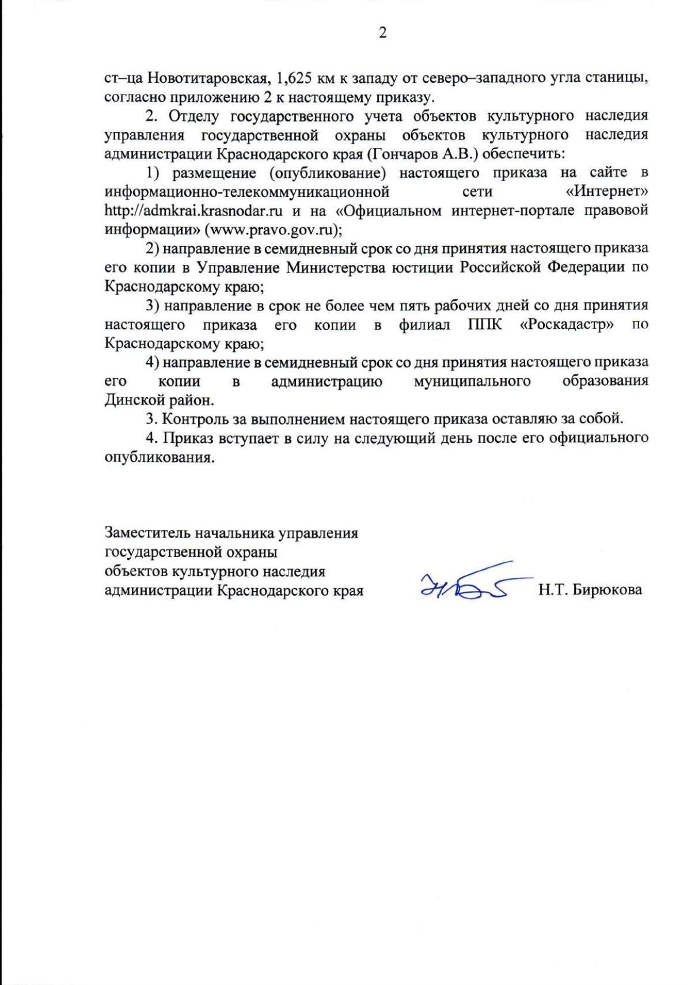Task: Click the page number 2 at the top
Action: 382,33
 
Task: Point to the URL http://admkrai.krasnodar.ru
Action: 193,210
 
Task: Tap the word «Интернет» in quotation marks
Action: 608,191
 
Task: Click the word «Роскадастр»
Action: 567,324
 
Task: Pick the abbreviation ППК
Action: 485,324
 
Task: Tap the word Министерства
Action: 337,267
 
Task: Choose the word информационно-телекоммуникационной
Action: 247,191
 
